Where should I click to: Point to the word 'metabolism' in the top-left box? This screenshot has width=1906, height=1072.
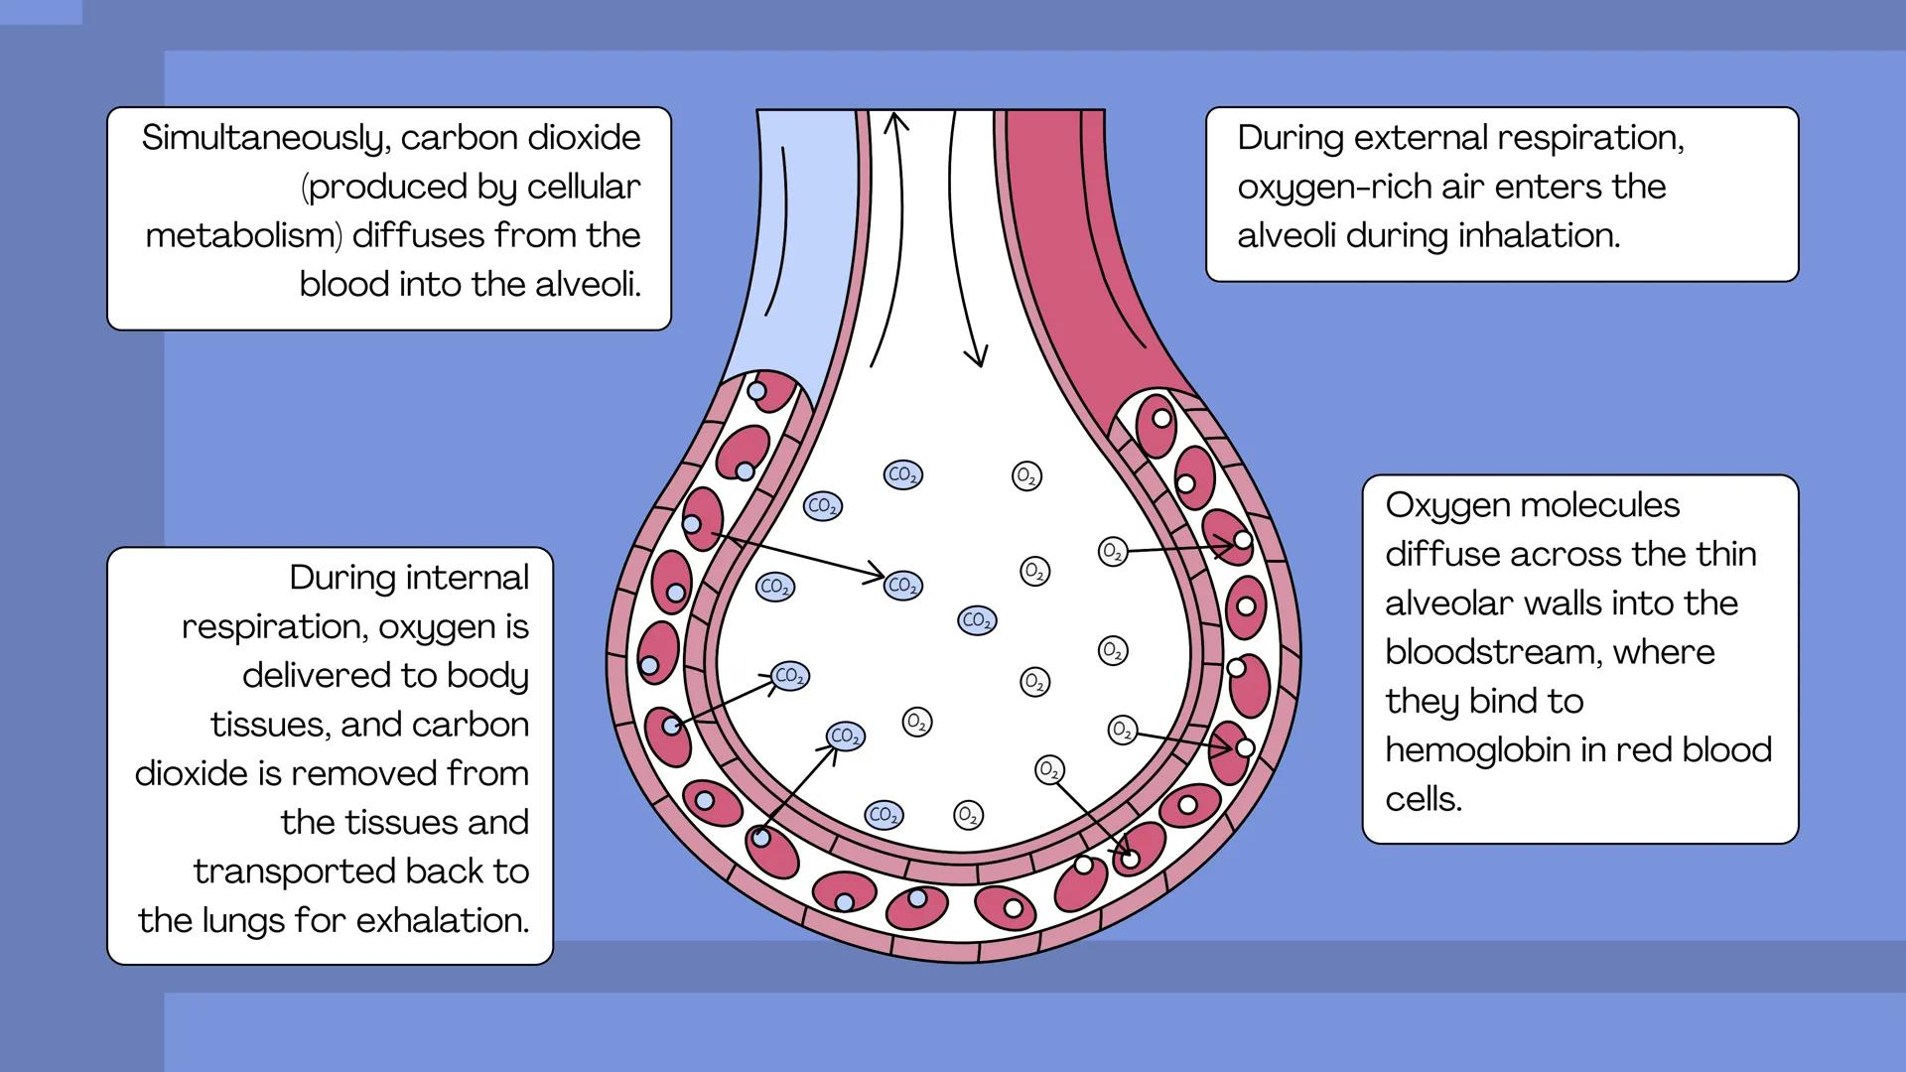click(243, 235)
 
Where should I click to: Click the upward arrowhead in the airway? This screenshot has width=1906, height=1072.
click(895, 121)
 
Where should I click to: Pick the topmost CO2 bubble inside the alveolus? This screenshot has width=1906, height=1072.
click(902, 474)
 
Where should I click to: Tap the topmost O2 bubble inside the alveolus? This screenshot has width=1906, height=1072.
click(1026, 476)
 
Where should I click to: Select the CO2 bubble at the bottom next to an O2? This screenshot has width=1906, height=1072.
click(883, 815)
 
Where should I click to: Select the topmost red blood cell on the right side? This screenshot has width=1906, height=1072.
click(1157, 424)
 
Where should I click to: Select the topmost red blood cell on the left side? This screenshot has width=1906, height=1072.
click(768, 390)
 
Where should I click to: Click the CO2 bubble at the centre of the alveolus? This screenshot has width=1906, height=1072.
click(977, 620)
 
